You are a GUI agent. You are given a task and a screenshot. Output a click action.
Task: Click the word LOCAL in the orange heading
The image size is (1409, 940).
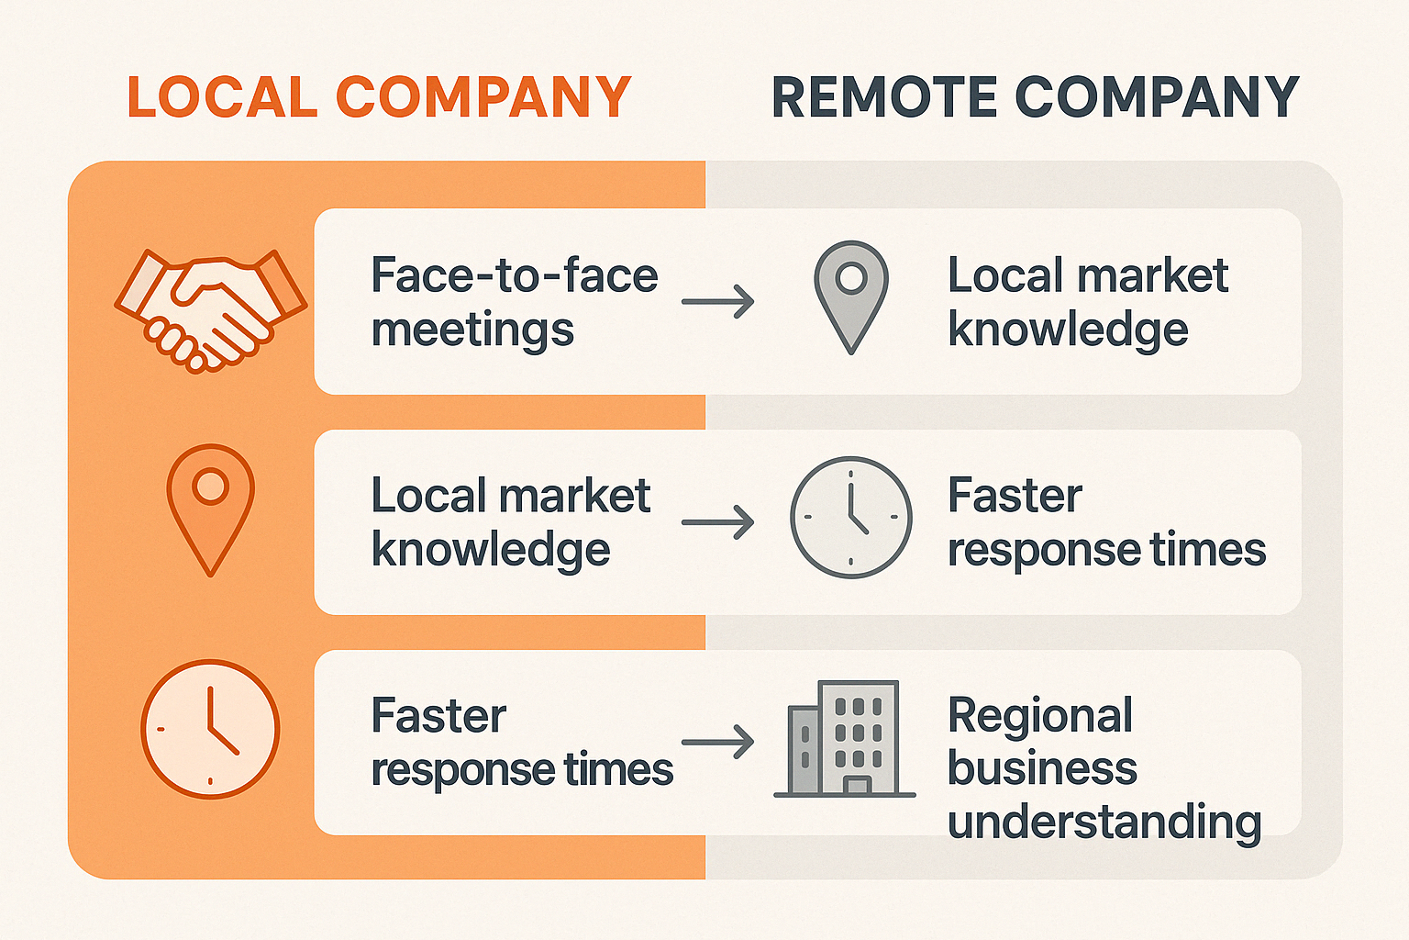coord(222,97)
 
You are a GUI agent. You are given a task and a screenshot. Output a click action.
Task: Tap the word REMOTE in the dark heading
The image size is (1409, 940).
coord(883,97)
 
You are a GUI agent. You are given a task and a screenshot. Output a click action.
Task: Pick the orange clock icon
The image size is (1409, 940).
coord(210,729)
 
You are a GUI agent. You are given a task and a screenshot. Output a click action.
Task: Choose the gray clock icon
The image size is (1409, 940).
coord(851,517)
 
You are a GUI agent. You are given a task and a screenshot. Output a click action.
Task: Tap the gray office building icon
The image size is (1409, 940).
coord(846,738)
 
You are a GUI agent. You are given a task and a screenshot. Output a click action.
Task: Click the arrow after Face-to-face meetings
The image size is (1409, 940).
coord(718,301)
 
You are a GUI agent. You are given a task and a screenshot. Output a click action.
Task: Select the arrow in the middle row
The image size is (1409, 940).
coord(718,522)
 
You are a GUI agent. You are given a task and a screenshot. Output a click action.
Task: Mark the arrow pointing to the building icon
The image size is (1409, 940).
coord(718,742)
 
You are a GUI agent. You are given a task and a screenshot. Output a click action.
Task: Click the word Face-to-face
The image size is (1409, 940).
coord(515,275)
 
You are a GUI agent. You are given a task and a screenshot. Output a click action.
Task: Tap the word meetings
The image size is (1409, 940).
coord(472,330)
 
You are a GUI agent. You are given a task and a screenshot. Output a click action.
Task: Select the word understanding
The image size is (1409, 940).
coord(1104,822)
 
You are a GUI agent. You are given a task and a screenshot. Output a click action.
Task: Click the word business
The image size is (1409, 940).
coord(1042,769)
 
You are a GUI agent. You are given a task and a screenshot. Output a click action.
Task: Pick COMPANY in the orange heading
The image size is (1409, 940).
coord(484,97)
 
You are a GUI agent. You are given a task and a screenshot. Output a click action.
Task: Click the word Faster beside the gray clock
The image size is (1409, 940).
coord(1015,497)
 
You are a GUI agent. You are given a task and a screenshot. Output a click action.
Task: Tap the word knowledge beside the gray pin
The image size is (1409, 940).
coord(1068,330)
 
